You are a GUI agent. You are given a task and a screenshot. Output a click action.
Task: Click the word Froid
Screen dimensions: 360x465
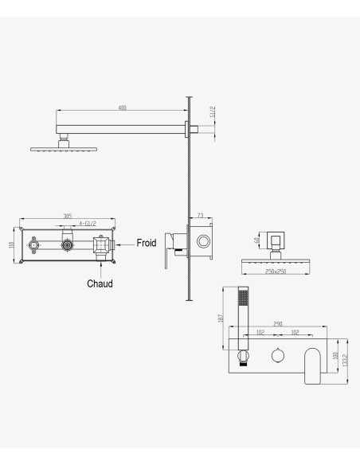tap(147, 243)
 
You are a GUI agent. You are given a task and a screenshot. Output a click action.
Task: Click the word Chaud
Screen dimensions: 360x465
tap(100, 283)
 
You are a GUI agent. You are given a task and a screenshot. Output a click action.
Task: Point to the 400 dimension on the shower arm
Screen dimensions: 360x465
tap(122, 107)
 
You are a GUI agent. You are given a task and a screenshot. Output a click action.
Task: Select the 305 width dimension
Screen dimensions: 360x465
tap(68, 217)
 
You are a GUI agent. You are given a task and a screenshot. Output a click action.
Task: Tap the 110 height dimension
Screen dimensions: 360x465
tap(12, 245)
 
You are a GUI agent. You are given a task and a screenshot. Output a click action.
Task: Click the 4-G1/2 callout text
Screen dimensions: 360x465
tap(88, 223)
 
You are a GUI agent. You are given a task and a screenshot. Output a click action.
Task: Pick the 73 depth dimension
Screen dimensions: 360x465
tap(201, 216)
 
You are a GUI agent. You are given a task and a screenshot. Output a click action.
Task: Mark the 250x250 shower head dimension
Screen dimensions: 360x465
tap(276, 272)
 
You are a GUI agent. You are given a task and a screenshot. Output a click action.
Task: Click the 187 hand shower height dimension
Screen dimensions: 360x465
tap(221, 318)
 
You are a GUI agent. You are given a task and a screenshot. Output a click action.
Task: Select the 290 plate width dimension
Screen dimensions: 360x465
tap(277, 324)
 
